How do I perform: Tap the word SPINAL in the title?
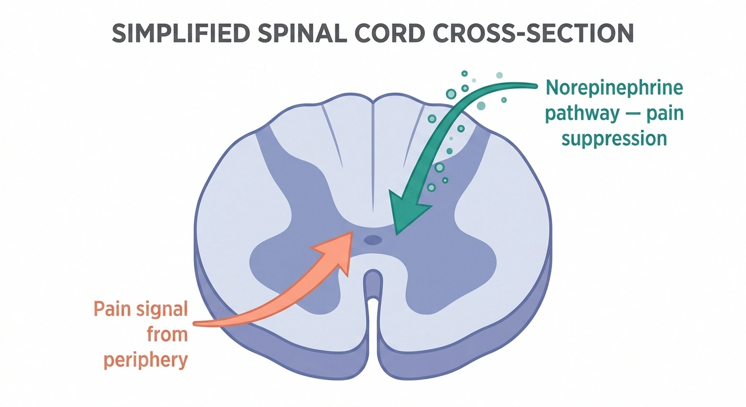pyautogui.click(x=303, y=33)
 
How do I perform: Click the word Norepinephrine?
pyautogui.click(x=615, y=89)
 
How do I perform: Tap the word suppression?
pyautogui.click(x=615, y=138)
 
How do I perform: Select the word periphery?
pyautogui.click(x=146, y=360)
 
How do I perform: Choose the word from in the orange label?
pyautogui.click(x=167, y=334)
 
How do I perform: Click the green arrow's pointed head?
pyautogui.click(x=396, y=234)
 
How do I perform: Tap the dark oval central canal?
pyautogui.click(x=373, y=240)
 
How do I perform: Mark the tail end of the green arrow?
pyautogui.click(x=535, y=86)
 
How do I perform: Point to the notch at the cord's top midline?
pyautogui.click(x=373, y=100)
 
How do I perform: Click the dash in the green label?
pyautogui.click(x=633, y=114)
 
